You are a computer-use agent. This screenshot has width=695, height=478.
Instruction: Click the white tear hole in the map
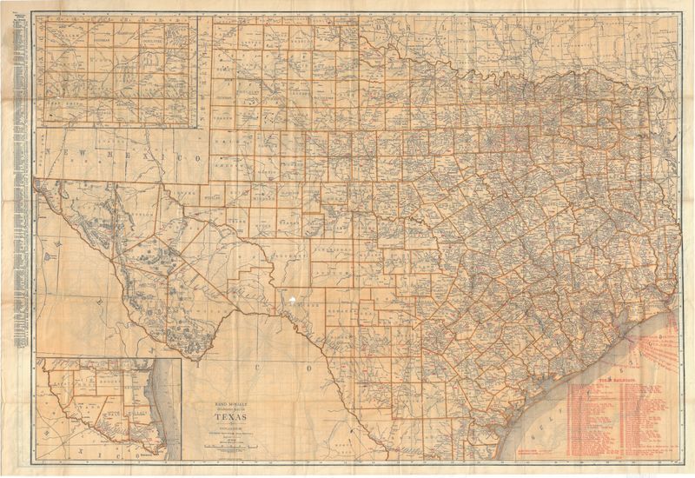pyautogui.click(x=294, y=299)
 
